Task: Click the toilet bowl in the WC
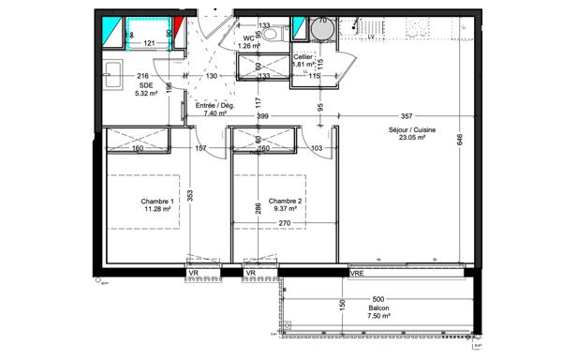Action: pos(270,33)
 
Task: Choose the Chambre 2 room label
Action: pos(286,202)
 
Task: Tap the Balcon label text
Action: pos(378,308)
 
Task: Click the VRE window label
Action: pos(357,273)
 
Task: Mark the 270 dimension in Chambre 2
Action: pos(285,223)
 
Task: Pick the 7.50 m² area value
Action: pos(378,317)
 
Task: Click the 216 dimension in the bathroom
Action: pos(143,75)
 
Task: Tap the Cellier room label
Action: pos(303,57)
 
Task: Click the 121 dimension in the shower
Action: pos(149,43)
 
